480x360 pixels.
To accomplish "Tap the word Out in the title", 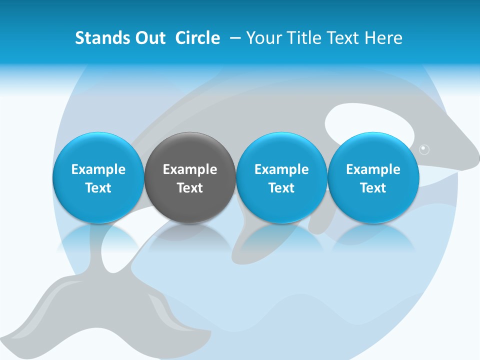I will pos(148,38).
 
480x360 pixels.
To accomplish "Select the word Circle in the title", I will pos(197,38).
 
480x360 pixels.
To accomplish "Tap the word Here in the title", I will pos(384,38).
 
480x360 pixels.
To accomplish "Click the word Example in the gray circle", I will pos(190,169).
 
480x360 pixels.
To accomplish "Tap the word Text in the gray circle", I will pos(190,188).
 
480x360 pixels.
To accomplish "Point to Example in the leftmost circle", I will pos(98,169).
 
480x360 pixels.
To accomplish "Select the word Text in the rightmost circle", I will pos(373,188).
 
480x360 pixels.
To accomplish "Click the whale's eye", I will pos(424,149).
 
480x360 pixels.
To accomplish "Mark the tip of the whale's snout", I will pos(477,159).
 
